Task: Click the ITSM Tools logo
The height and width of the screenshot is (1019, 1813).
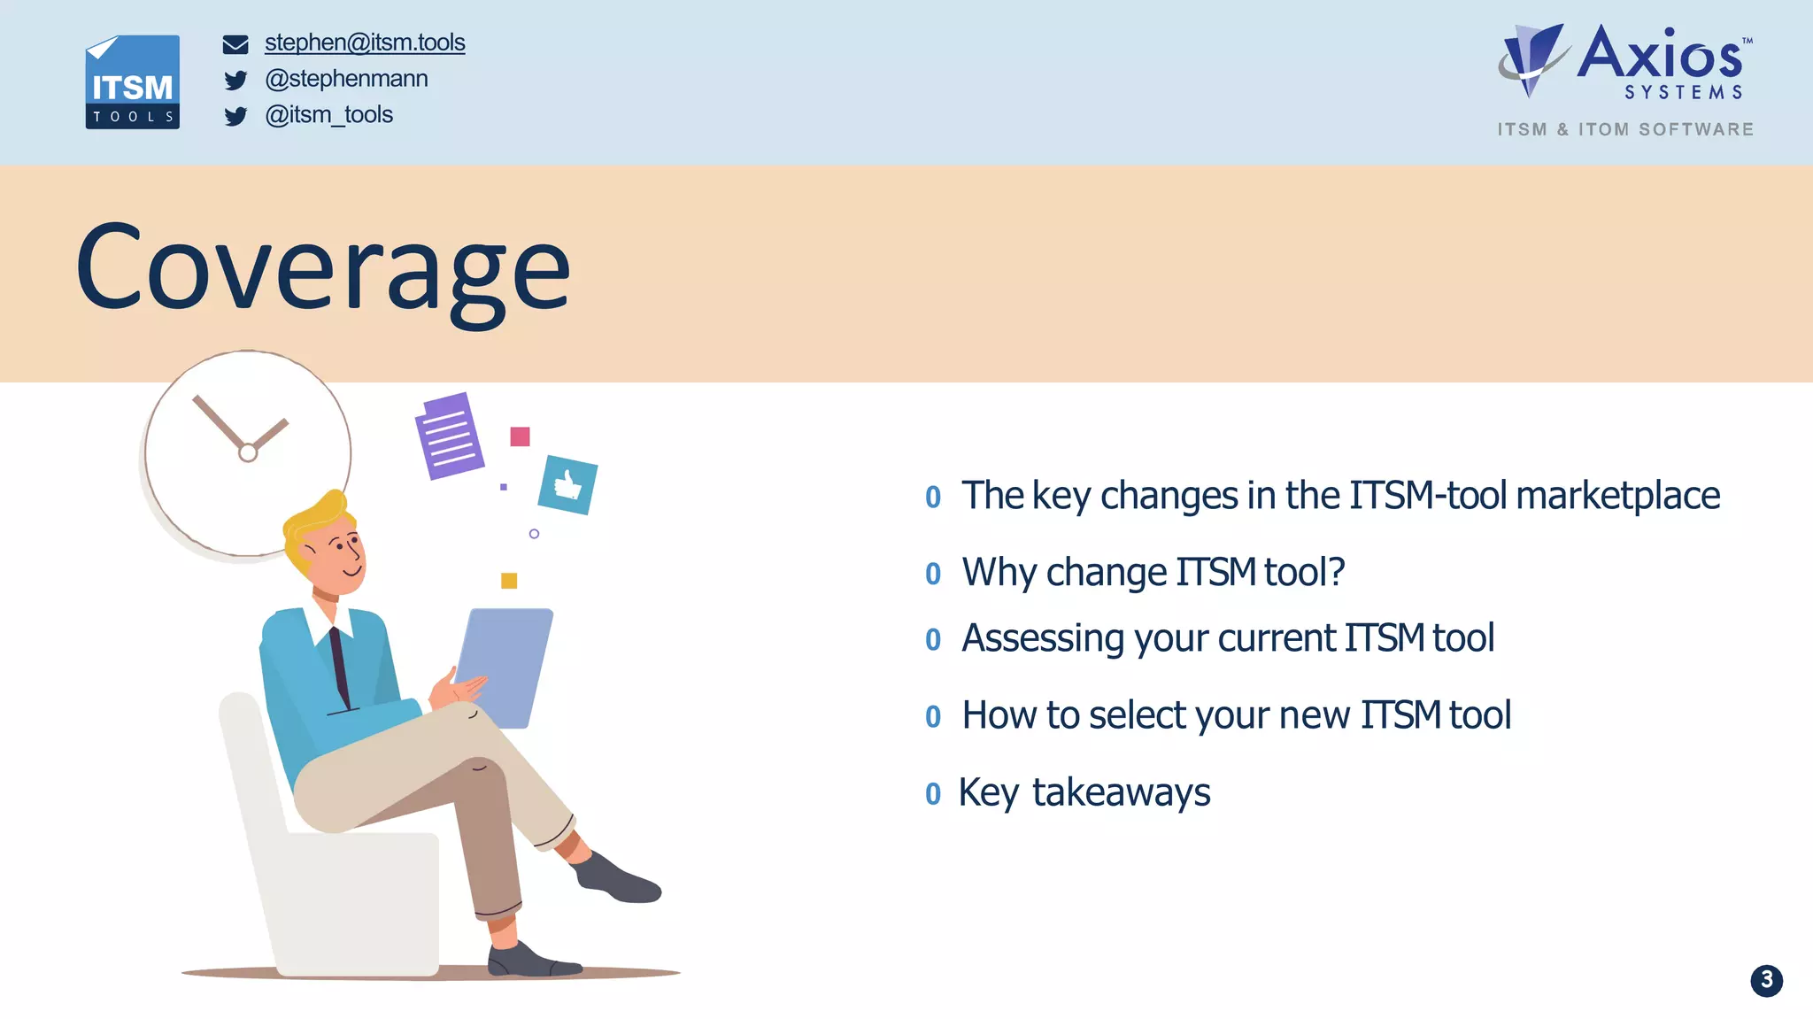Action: click(x=132, y=82)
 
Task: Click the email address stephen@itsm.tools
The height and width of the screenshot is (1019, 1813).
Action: click(x=365, y=42)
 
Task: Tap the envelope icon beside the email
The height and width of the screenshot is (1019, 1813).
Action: click(x=235, y=44)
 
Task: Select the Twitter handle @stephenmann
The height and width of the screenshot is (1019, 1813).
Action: click(x=346, y=79)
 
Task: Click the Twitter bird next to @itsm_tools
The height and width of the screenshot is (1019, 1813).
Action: click(x=235, y=117)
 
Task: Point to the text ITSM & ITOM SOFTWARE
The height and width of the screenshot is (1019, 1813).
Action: click(x=1625, y=129)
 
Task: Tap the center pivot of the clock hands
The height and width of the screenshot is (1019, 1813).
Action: click(x=248, y=452)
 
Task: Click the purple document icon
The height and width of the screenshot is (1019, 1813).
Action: click(x=450, y=436)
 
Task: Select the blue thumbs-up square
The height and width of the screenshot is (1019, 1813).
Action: click(x=567, y=484)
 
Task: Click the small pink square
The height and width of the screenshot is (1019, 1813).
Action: click(x=520, y=436)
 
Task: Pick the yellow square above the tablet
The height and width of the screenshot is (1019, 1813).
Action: click(x=509, y=581)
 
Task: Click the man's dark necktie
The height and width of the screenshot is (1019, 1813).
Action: click(x=340, y=664)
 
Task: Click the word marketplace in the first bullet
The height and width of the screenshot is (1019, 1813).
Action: click(x=1617, y=496)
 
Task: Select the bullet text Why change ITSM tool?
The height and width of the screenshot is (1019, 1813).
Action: click(x=1153, y=573)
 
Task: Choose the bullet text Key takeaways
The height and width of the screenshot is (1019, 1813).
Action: click(x=1084, y=792)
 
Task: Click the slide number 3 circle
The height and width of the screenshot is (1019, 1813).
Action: click(x=1766, y=980)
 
